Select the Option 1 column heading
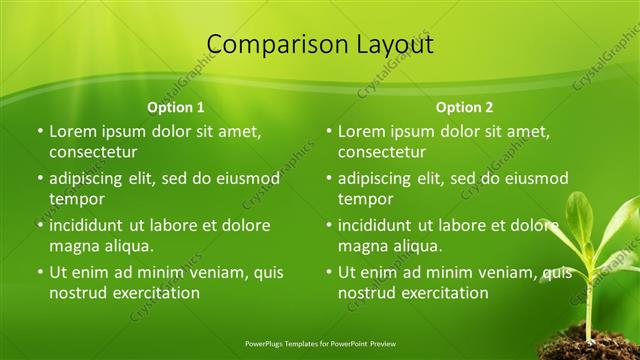(176, 106)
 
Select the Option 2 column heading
(465, 106)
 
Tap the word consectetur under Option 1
(93, 152)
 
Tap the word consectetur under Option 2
(382, 152)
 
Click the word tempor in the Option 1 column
(76, 199)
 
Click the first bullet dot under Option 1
(40, 131)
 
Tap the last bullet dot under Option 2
(329, 272)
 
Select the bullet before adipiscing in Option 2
(329, 179)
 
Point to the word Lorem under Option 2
(361, 131)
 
